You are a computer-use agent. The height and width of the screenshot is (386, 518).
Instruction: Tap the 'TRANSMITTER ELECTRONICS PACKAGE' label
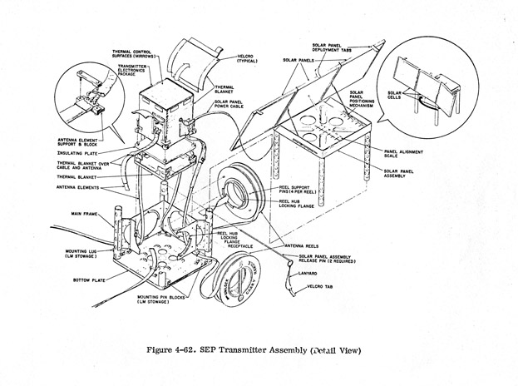point(131,71)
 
